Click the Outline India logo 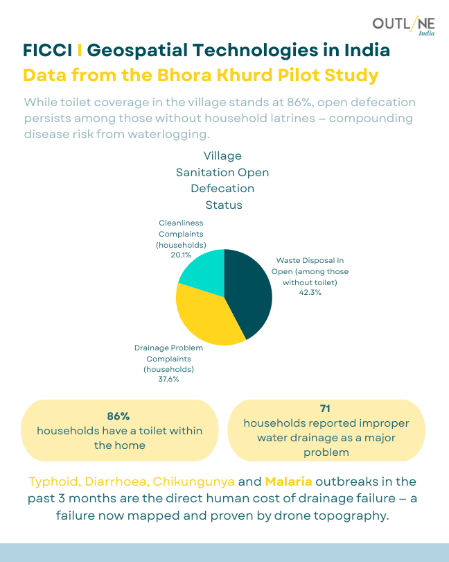click(x=404, y=26)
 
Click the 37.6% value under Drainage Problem click(x=168, y=380)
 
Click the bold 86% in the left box click(x=118, y=416)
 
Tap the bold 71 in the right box click(x=326, y=408)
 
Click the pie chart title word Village click(x=222, y=155)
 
